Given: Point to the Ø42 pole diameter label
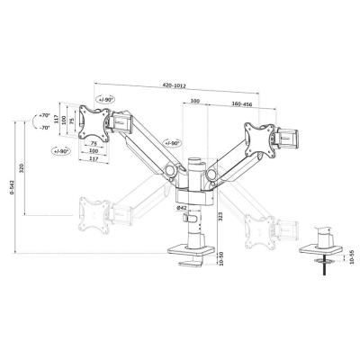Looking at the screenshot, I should (x=181, y=208).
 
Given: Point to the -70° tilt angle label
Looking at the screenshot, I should (x=46, y=129).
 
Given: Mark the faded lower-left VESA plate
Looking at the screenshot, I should (x=93, y=211).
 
